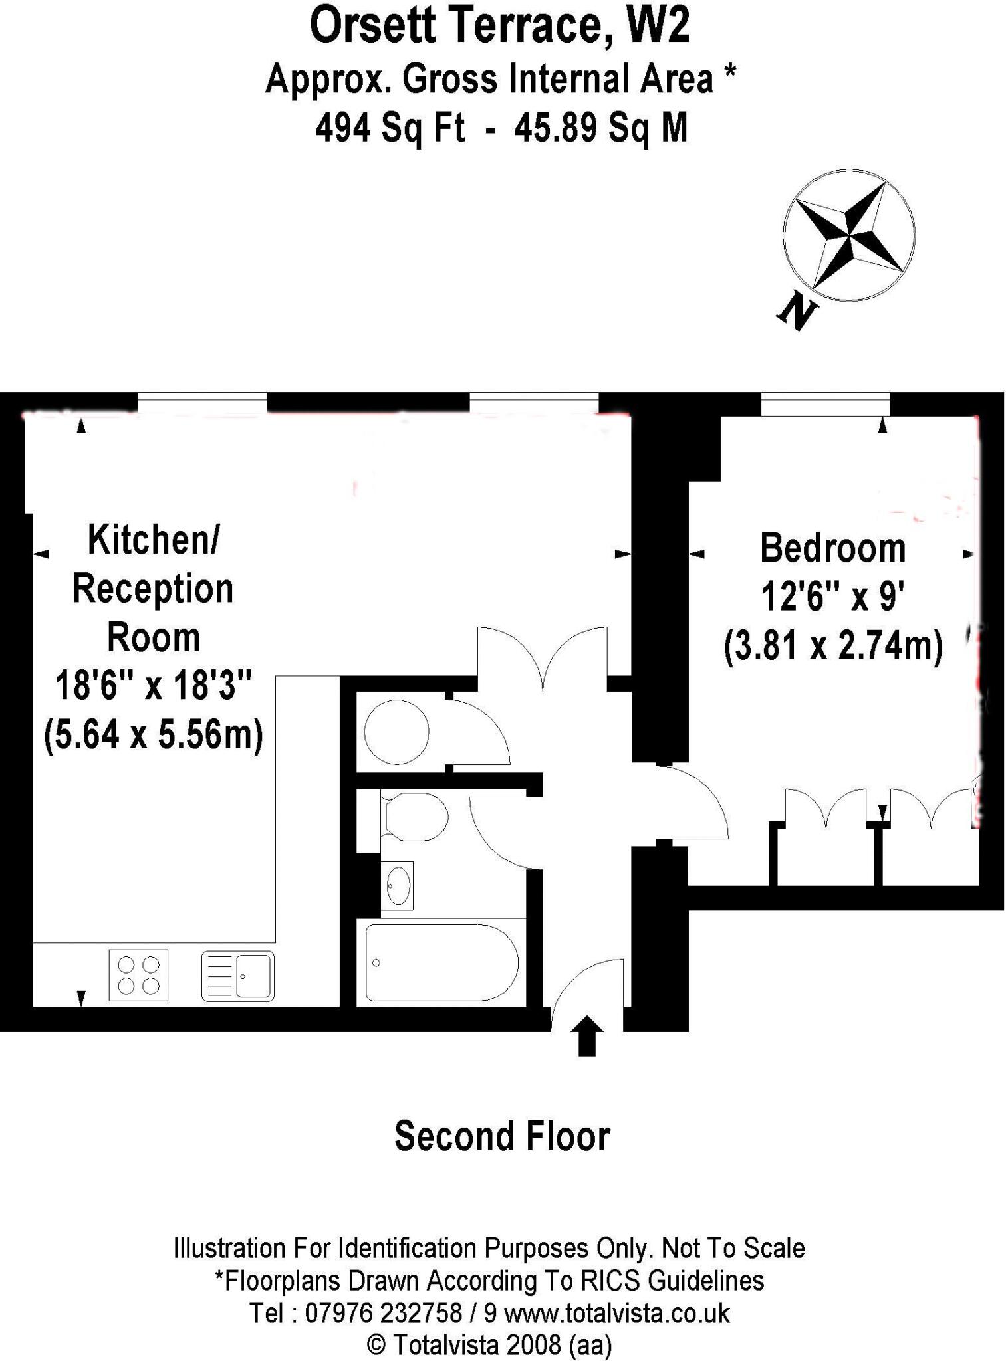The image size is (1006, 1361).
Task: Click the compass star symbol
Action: (849, 235)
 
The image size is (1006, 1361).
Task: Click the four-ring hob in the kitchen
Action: (138, 975)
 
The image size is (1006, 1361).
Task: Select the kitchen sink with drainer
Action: (237, 976)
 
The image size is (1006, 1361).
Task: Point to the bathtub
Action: (441, 962)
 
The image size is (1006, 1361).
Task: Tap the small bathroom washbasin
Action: (398, 886)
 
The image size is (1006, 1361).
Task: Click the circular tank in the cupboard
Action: (396, 732)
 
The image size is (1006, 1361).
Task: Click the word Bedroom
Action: (832, 548)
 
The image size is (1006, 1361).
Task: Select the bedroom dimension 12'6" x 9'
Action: (832, 596)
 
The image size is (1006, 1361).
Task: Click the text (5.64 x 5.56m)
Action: (154, 735)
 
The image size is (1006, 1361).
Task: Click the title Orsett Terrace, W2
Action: (499, 27)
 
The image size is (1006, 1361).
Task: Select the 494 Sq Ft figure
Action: (390, 127)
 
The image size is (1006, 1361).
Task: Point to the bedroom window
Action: (825, 404)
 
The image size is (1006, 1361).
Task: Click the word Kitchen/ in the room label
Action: (154, 539)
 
